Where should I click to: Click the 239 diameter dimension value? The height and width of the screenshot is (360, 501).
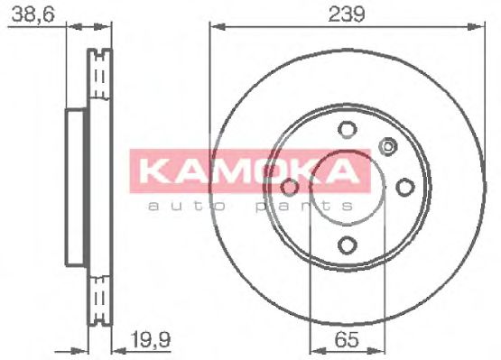(x=346, y=14)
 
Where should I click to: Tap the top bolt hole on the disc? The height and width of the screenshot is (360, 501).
(x=347, y=128)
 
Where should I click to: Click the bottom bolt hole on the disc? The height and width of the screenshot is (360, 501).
(x=347, y=245)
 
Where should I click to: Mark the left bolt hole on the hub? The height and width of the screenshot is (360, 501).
(x=289, y=187)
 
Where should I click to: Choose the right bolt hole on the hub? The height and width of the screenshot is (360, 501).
(x=405, y=187)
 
